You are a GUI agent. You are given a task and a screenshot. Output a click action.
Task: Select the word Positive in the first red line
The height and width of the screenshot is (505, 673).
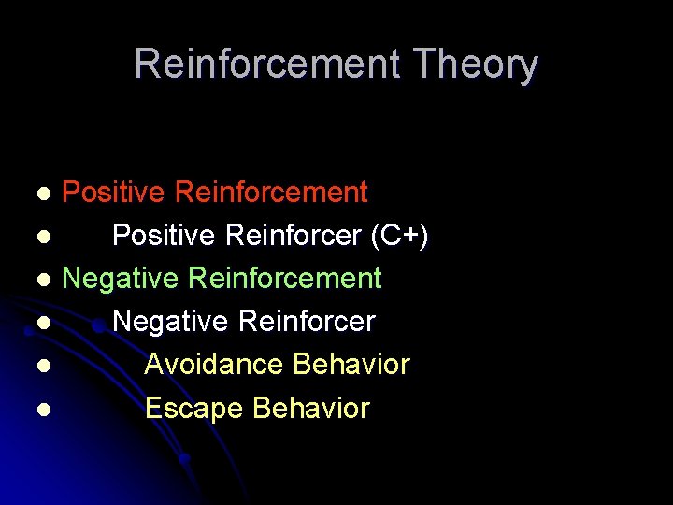click(114, 193)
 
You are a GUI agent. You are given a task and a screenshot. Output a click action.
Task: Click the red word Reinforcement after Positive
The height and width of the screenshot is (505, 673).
click(271, 193)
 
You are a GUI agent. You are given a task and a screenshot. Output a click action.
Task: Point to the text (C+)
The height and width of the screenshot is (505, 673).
click(400, 237)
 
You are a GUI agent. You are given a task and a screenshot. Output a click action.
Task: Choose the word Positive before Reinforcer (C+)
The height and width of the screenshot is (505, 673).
click(165, 237)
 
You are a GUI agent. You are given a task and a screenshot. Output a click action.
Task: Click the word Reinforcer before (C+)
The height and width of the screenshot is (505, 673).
click(294, 237)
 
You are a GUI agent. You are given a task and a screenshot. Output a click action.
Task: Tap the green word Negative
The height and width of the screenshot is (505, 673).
click(121, 279)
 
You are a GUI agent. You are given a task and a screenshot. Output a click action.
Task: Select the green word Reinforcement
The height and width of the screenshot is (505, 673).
click(285, 279)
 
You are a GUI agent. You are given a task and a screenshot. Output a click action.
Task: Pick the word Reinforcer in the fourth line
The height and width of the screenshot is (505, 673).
click(308, 322)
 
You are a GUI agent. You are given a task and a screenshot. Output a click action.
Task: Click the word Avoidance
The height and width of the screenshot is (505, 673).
click(214, 365)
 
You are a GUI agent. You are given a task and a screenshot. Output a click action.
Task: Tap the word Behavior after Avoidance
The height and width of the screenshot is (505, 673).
click(351, 365)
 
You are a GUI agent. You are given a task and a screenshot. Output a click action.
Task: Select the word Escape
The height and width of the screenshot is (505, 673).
click(194, 409)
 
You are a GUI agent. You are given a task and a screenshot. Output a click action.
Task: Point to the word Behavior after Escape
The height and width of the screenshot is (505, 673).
click(311, 409)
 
